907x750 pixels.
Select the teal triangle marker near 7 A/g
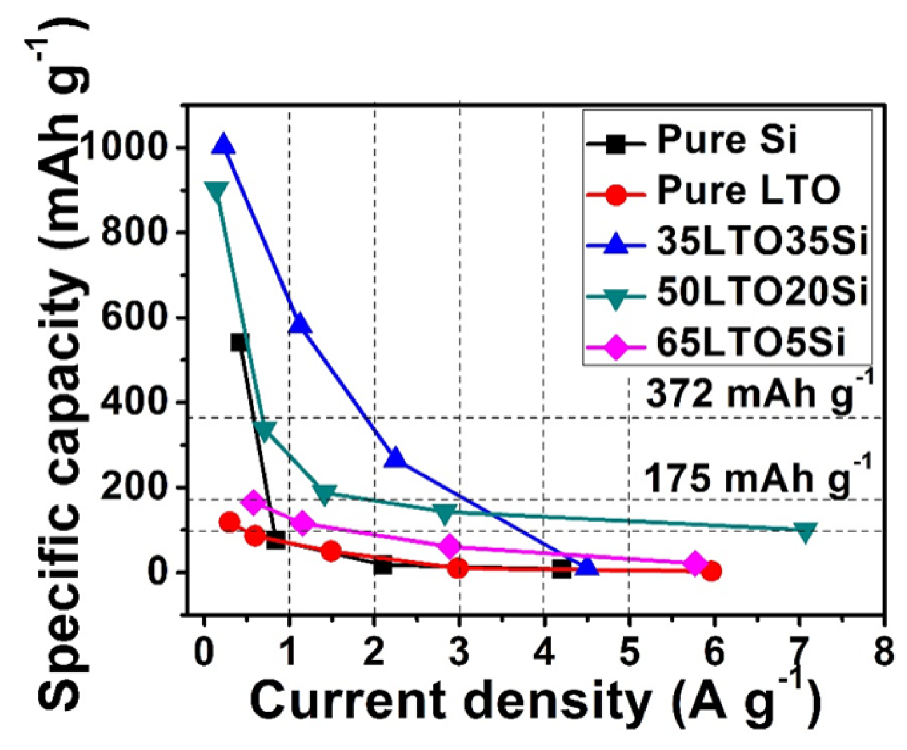tap(805, 532)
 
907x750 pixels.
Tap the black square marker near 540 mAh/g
tap(239, 342)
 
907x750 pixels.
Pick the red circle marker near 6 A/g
tap(712, 571)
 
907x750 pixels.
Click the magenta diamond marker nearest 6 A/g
tap(695, 563)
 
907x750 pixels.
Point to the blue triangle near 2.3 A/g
tap(396, 458)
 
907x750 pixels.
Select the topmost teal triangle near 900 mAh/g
tap(216, 191)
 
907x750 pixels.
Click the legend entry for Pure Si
tap(726, 139)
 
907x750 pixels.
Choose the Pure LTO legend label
tap(747, 190)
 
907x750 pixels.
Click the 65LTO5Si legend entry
tap(751, 343)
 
